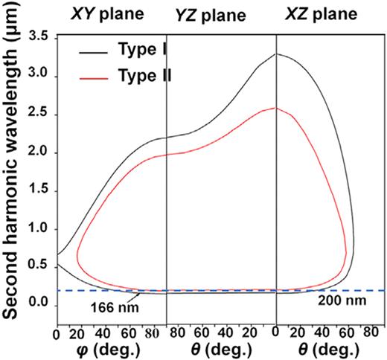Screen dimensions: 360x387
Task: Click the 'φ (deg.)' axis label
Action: (x=97, y=348)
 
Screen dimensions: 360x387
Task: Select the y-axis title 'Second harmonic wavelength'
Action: (x=14, y=178)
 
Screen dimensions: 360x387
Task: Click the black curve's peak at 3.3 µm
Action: (x=276, y=54)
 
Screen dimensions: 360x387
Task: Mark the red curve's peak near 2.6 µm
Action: (x=276, y=108)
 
